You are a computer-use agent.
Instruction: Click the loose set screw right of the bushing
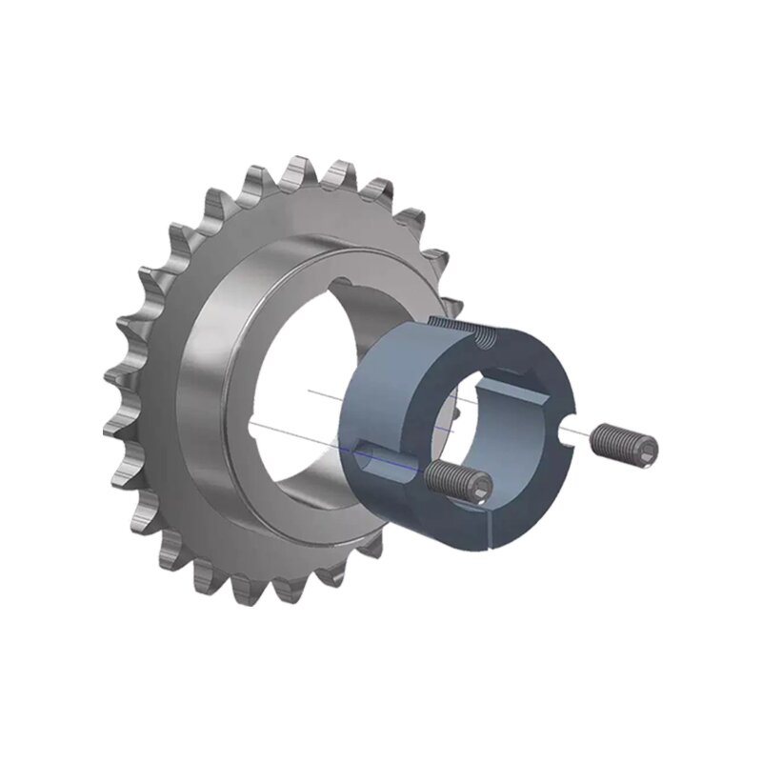pos(625,441)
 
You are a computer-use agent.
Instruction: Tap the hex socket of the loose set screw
pos(648,446)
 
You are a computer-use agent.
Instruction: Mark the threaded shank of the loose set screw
pos(614,439)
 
